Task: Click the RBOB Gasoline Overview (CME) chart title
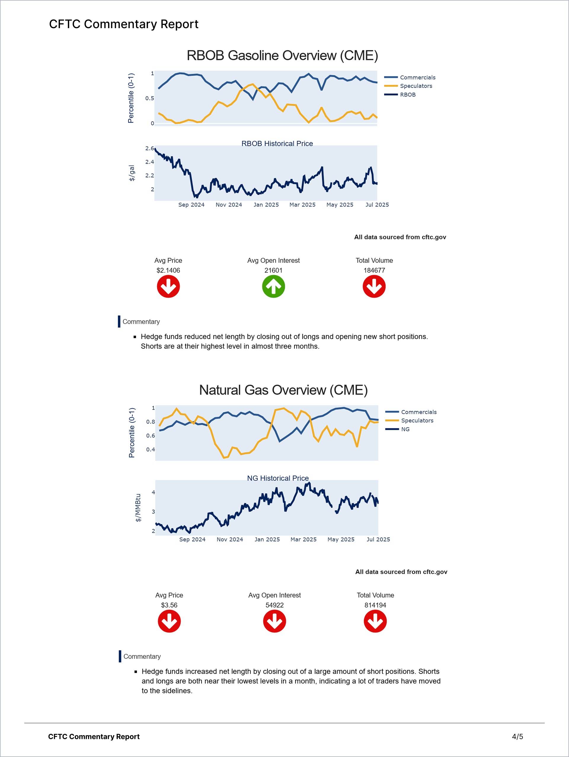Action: pyautogui.click(x=282, y=55)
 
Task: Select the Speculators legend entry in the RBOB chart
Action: pyautogui.click(x=416, y=86)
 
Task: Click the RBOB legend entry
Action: pyautogui.click(x=407, y=95)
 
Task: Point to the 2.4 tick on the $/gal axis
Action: pyautogui.click(x=150, y=162)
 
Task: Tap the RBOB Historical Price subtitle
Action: pyautogui.click(x=277, y=144)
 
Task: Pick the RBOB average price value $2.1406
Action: pyautogui.click(x=168, y=270)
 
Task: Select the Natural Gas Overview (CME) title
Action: pyautogui.click(x=283, y=390)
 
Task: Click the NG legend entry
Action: pyautogui.click(x=405, y=429)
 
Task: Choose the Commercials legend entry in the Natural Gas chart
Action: pyautogui.click(x=418, y=412)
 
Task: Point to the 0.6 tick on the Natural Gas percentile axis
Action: pyautogui.click(x=151, y=436)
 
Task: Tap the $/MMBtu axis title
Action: pyautogui.click(x=138, y=507)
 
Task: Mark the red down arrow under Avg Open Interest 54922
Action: pyautogui.click(x=274, y=622)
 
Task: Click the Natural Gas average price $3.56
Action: pyautogui.click(x=169, y=605)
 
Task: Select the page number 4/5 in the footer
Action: pyautogui.click(x=517, y=737)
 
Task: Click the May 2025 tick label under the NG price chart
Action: pyautogui.click(x=341, y=539)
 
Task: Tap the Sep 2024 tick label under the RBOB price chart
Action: pyautogui.click(x=191, y=205)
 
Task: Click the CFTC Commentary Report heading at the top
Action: pyautogui.click(x=124, y=24)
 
